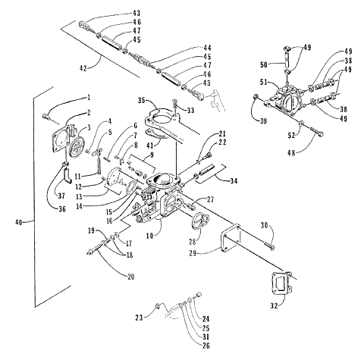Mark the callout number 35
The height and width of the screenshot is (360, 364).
pos(142,99)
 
